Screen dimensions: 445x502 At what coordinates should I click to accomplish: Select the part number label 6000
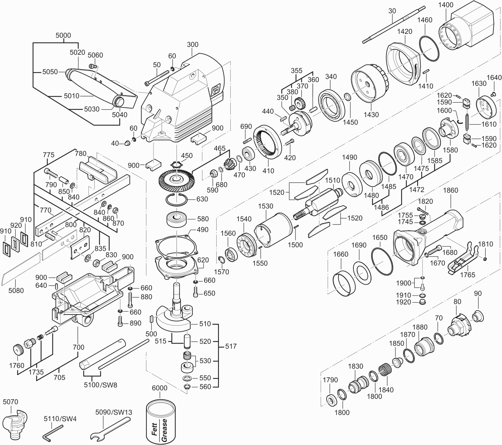pyautogui.click(x=159, y=388)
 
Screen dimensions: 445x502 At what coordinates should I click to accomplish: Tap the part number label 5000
pyautogui.click(x=63, y=35)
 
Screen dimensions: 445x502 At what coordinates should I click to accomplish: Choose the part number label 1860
pyautogui.click(x=450, y=190)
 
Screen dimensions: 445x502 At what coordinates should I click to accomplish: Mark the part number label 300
pyautogui.click(x=192, y=45)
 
